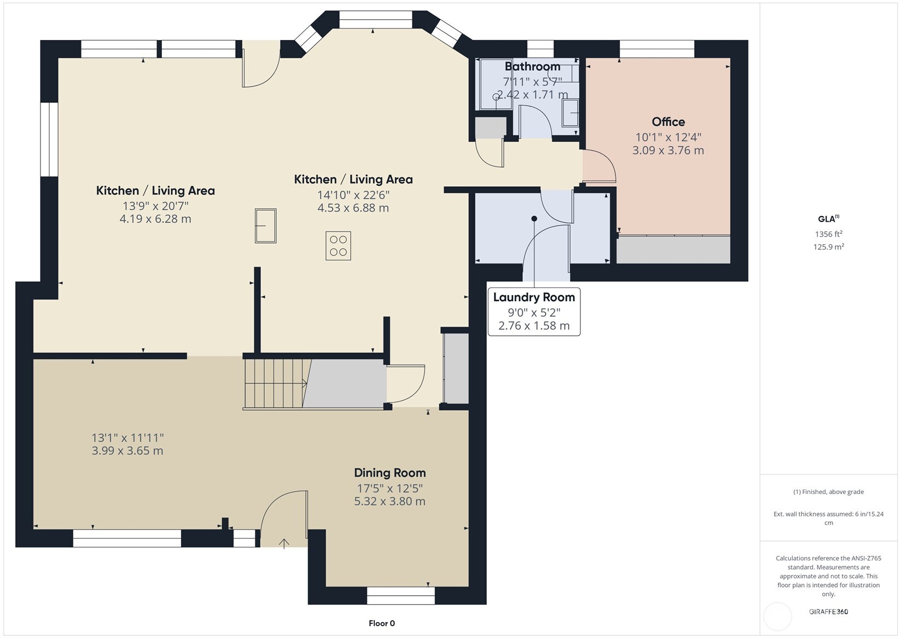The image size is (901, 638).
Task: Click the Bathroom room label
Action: tap(532, 66)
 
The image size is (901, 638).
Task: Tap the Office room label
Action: tap(668, 122)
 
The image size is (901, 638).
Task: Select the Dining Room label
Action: tap(390, 473)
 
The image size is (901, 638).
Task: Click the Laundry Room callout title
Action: tap(534, 297)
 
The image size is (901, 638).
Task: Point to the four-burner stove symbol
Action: tap(338, 246)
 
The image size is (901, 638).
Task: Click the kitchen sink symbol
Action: tap(265, 226)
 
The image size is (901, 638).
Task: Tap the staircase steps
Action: tap(276, 383)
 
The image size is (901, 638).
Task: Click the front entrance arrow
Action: tap(284, 543)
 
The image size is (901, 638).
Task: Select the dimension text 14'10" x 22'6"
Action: tap(353, 195)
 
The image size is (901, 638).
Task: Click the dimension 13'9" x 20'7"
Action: tap(155, 206)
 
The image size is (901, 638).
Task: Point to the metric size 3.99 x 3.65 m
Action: tap(127, 451)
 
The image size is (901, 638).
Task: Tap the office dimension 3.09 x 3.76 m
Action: tap(668, 151)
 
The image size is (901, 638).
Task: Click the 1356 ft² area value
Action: tap(829, 234)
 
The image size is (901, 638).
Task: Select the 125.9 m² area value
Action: tap(829, 247)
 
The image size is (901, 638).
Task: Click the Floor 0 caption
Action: tap(382, 623)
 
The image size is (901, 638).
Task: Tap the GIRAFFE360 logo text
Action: tap(829, 611)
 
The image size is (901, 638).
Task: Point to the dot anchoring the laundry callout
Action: tap(534, 219)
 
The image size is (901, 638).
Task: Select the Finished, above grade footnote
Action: tap(829, 492)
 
